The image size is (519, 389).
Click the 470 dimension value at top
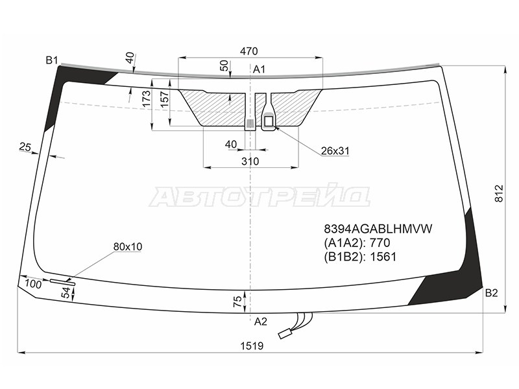(249, 51)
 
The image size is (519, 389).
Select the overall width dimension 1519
(252, 346)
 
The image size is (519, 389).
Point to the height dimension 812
(498, 193)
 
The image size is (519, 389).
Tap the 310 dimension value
(250, 161)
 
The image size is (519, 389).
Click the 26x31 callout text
(335, 151)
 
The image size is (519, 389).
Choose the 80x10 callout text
(128, 246)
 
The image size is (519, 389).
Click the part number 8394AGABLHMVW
(378, 229)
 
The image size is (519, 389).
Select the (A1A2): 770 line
(357, 242)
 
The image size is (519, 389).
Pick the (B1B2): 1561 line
(360, 257)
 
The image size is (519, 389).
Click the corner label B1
(52, 60)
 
